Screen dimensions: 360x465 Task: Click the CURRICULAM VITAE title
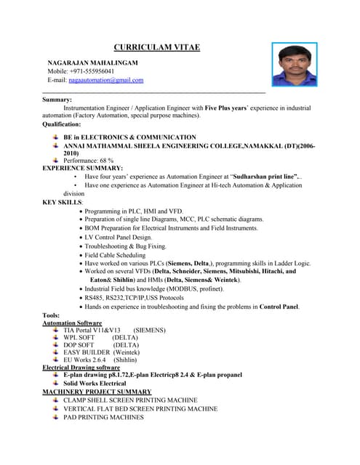(x=156, y=48)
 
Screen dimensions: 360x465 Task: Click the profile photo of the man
(x=294, y=65)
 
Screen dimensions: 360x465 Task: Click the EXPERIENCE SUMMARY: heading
(x=82, y=168)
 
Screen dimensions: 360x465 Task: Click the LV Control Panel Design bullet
(x=119, y=238)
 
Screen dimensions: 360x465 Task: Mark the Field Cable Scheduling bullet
(x=115, y=255)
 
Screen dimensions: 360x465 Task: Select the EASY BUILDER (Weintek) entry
(x=101, y=352)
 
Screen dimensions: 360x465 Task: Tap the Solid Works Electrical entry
(x=95, y=383)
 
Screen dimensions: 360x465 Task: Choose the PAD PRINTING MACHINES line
(x=103, y=418)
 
